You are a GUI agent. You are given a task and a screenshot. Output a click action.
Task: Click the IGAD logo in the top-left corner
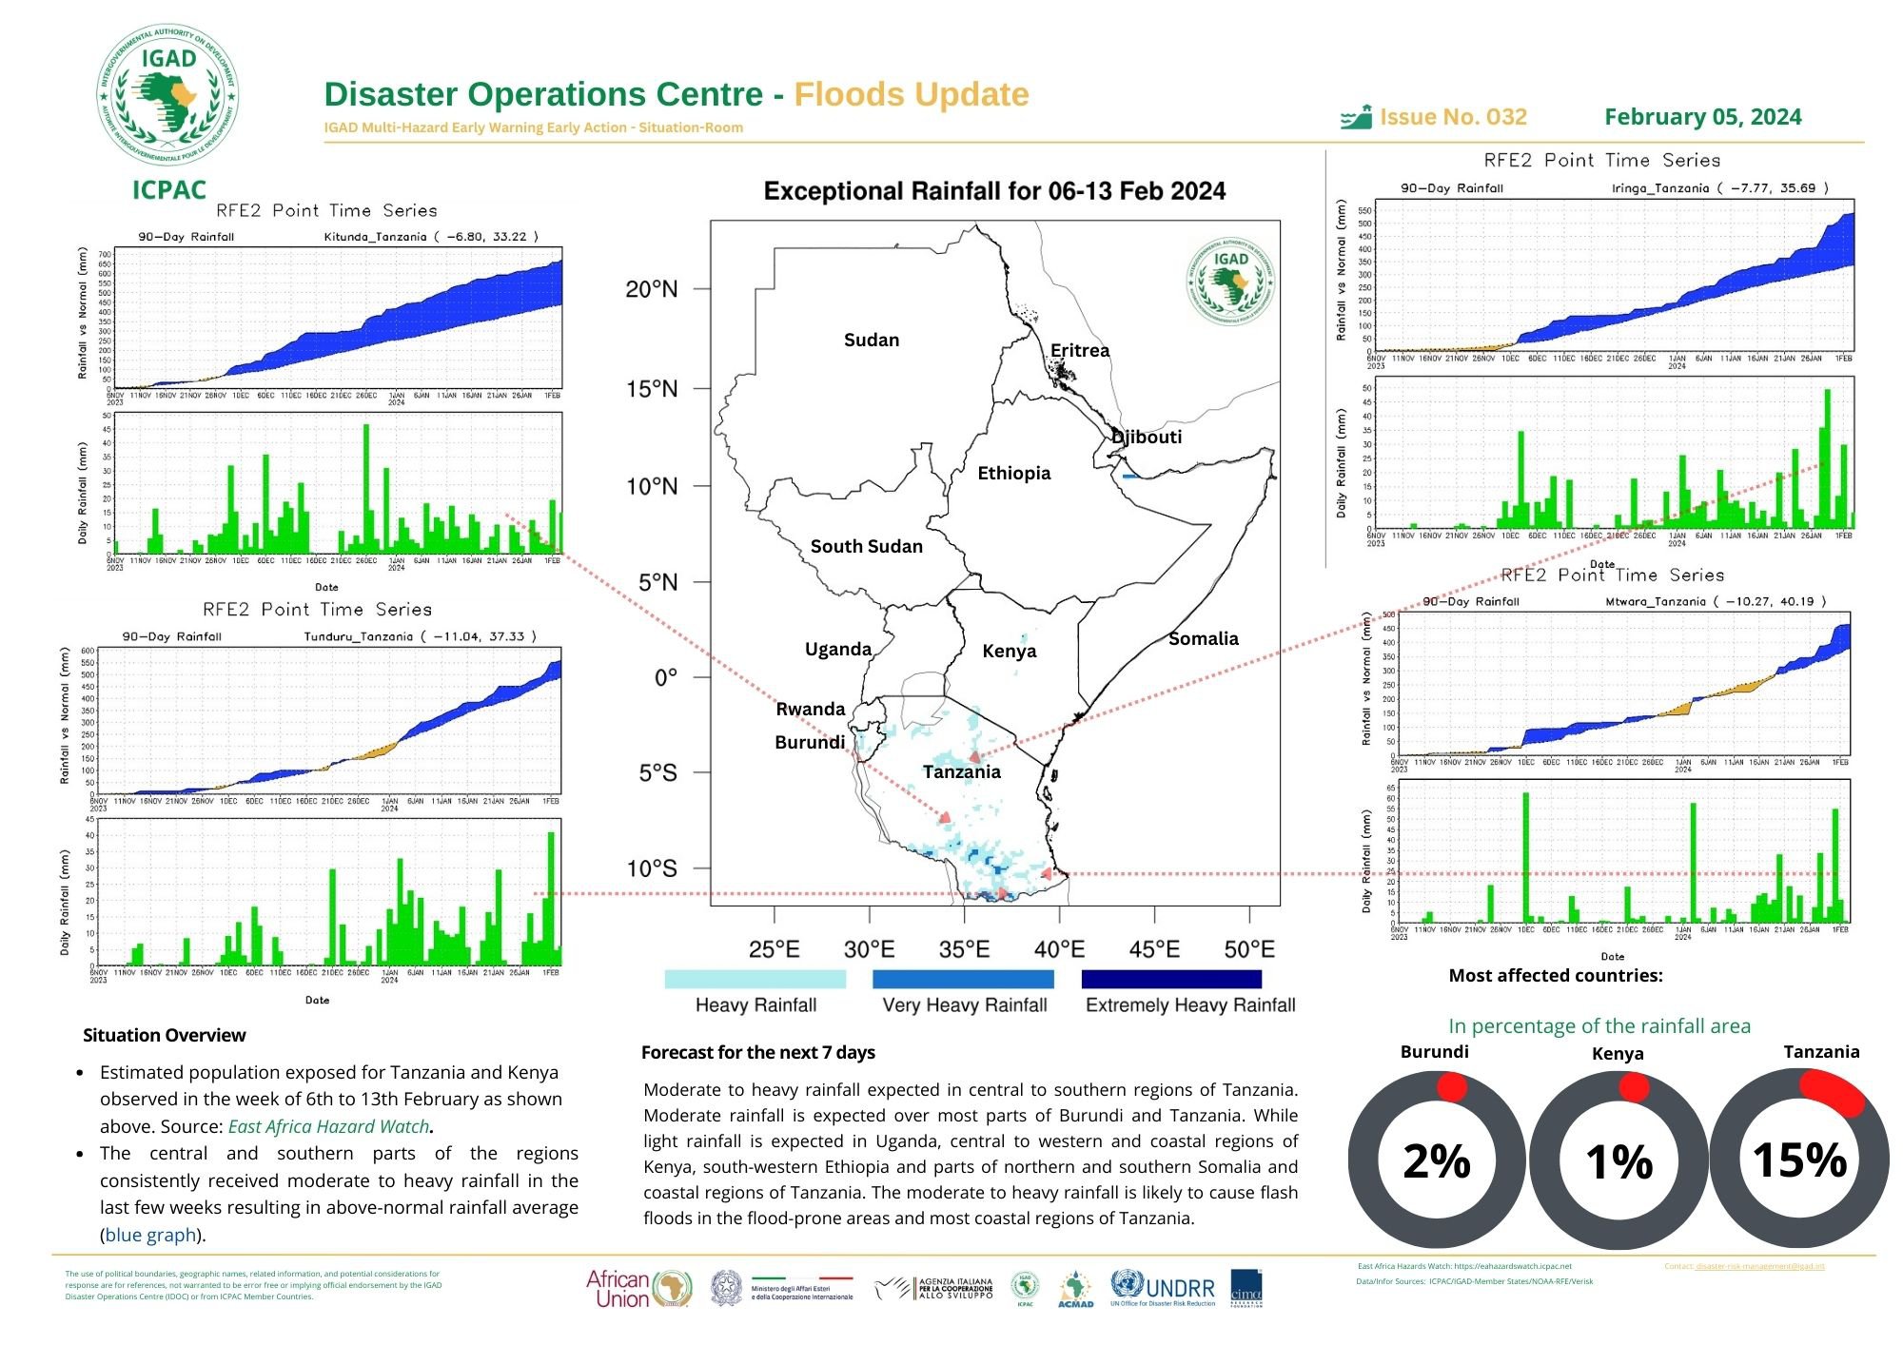[x=168, y=95]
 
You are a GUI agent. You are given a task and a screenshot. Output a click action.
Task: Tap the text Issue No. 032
[x=1453, y=117]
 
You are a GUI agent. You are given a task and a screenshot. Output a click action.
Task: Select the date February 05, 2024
[x=1702, y=117]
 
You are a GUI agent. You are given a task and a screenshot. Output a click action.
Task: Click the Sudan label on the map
[x=871, y=341]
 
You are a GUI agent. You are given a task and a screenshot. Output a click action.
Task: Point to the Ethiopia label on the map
[x=1013, y=474]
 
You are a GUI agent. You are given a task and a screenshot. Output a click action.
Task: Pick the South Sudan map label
[x=866, y=547]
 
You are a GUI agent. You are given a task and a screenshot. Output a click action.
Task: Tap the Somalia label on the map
[x=1203, y=639]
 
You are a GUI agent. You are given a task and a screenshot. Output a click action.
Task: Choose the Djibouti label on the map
[x=1147, y=438]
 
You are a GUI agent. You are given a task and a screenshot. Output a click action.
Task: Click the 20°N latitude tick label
[x=652, y=289]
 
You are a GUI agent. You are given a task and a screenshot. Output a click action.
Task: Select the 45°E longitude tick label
[x=1153, y=949]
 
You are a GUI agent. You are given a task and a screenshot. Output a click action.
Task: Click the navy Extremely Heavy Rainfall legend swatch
[x=1171, y=979]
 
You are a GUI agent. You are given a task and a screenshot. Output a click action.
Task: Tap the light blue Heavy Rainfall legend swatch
[x=755, y=979]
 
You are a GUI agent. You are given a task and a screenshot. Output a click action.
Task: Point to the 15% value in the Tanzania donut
[x=1799, y=1160]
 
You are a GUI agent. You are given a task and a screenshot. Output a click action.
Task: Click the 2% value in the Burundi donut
[x=1437, y=1161]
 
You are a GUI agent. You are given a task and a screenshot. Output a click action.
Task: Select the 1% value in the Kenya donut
[x=1619, y=1161]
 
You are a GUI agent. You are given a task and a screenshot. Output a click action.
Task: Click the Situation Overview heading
[x=164, y=1035]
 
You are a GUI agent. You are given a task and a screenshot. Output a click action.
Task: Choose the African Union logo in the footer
[x=638, y=1289]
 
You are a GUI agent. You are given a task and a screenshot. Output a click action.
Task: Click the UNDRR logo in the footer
[x=1163, y=1288]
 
